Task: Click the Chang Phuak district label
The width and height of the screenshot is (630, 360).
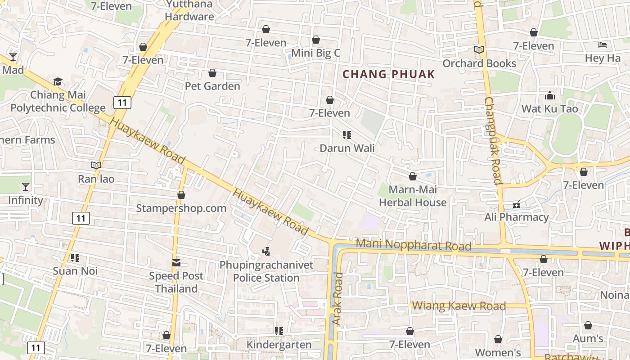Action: pos(389,74)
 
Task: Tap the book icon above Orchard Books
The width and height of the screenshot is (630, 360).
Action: pos(479,50)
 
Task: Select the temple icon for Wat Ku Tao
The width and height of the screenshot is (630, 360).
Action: pos(549,95)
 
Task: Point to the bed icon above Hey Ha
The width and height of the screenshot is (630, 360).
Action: pos(603,45)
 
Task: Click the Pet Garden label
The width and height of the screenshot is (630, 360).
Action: pos(212,86)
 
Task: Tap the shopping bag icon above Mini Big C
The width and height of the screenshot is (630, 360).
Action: pos(316,40)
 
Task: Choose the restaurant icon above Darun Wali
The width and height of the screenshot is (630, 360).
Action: pos(346,135)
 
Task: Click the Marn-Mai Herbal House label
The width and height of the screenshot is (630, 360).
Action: pos(413,196)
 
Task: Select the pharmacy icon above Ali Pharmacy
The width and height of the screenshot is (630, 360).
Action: pos(517,204)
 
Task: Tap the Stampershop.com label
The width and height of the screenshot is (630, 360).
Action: pos(181,208)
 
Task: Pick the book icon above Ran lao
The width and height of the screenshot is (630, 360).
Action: pos(96,165)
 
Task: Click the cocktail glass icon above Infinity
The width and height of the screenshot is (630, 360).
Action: pos(26,186)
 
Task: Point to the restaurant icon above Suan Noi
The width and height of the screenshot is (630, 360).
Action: pos(75,258)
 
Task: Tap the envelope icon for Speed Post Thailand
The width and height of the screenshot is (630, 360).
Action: pos(176,262)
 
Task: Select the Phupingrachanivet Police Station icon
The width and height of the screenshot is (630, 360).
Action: pos(266,251)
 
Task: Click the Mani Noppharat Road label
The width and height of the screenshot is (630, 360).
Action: pos(414,245)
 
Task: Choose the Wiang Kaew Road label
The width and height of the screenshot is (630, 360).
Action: pos(459,306)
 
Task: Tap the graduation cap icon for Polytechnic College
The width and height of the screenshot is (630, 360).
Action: pos(58,81)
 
